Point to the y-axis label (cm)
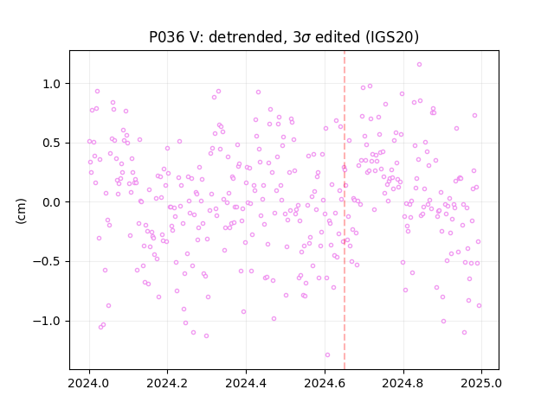[x=21, y=211]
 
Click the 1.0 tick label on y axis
[x=52, y=84]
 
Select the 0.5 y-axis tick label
[x=52, y=144]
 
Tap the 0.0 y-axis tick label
[x=52, y=202]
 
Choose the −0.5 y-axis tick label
[x=47, y=262]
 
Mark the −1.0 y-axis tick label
[x=47, y=321]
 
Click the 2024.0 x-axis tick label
[x=89, y=383]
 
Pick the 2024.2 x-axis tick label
[x=167, y=383]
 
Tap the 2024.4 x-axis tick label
[x=246, y=383]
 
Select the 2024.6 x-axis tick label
[x=325, y=383]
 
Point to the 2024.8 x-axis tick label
[x=403, y=383]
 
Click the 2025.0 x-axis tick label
[x=481, y=383]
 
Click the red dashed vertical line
[x=345, y=210]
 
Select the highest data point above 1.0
[x=419, y=65]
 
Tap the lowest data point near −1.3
[x=327, y=355]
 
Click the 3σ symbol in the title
[x=301, y=37]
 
